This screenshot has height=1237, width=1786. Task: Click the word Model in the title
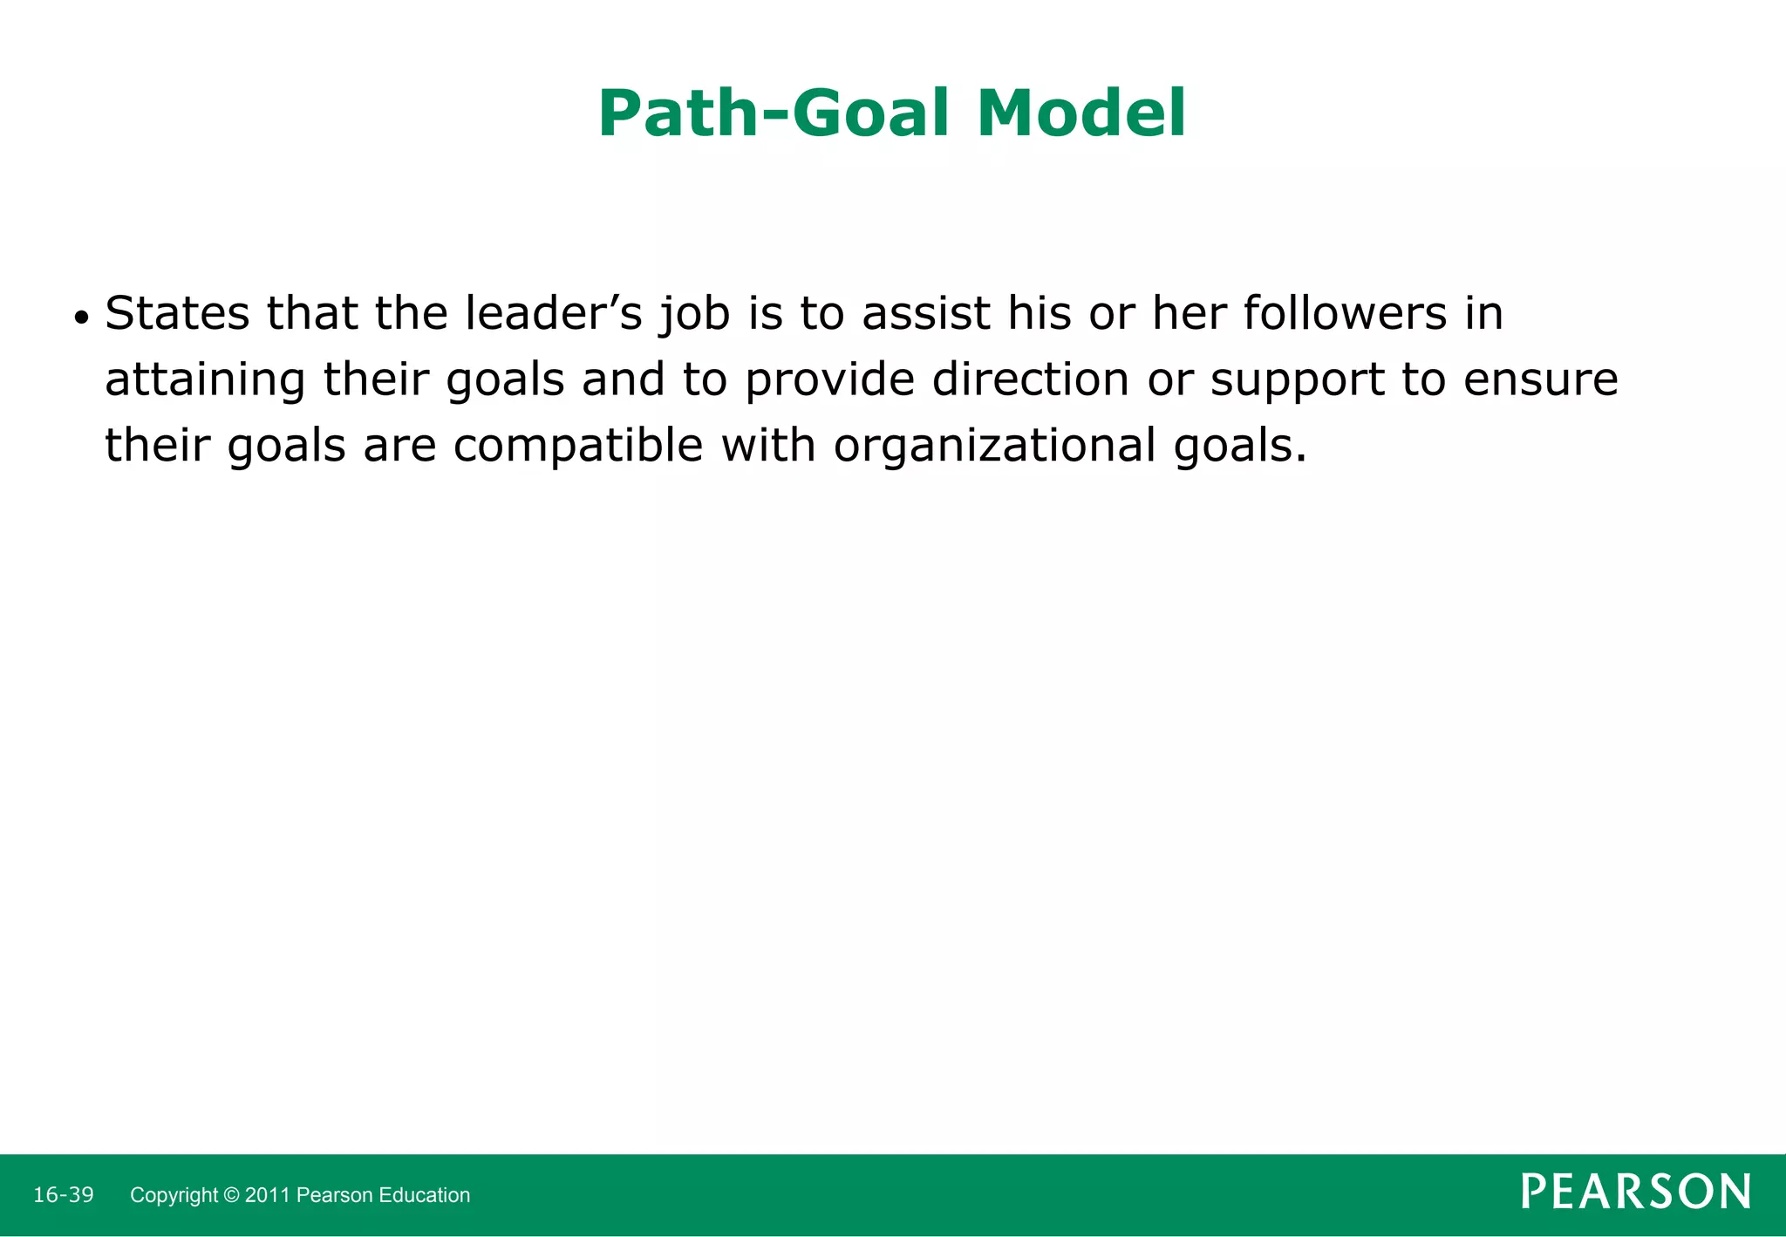tap(1080, 114)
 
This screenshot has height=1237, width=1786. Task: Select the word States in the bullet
tap(177, 313)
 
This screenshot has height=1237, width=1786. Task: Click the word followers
tap(1345, 313)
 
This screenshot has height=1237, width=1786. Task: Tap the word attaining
tap(205, 380)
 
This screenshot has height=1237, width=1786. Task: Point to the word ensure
tap(1540, 380)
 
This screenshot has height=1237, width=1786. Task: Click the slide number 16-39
tap(64, 1195)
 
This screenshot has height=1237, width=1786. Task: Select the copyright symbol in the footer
tap(231, 1195)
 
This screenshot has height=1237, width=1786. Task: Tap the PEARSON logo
tap(1635, 1192)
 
